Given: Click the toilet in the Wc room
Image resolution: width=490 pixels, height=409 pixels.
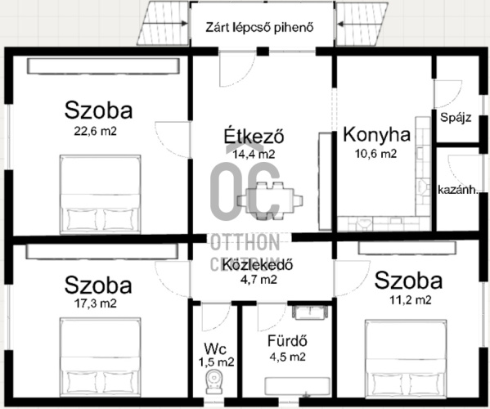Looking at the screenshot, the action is tap(214, 381).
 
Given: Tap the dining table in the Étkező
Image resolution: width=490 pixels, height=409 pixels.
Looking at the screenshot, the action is tap(270, 200).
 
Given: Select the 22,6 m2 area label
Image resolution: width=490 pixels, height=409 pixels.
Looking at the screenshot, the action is tap(96, 131).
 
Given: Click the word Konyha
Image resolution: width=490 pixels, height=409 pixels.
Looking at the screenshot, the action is tap(376, 135).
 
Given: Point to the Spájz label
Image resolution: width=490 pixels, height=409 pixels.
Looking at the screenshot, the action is tap(456, 118).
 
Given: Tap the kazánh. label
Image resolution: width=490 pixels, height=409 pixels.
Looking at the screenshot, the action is tap(458, 190).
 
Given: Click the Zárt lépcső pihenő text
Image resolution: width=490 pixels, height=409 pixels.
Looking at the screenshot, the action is tap(259, 28).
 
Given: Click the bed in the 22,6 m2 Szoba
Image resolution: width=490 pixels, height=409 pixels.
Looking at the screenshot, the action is tap(101, 194).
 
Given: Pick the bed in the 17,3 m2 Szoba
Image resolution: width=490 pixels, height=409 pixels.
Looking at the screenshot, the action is tap(101, 357).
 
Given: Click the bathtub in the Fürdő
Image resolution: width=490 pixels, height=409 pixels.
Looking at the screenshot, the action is tap(297, 386).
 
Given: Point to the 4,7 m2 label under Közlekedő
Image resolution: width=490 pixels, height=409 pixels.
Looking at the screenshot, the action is tap(258, 279).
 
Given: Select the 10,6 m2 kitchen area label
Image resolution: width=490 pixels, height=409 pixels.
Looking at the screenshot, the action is tap(376, 154).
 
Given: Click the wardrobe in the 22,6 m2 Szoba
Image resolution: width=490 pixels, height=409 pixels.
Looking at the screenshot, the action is tap(103, 66).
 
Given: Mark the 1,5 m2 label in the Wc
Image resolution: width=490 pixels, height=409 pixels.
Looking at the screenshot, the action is tap(216, 362).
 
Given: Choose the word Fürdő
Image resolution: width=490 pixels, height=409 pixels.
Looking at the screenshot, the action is tap(287, 341).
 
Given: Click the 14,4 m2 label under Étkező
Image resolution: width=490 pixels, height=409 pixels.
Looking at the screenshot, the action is tap(254, 154).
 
